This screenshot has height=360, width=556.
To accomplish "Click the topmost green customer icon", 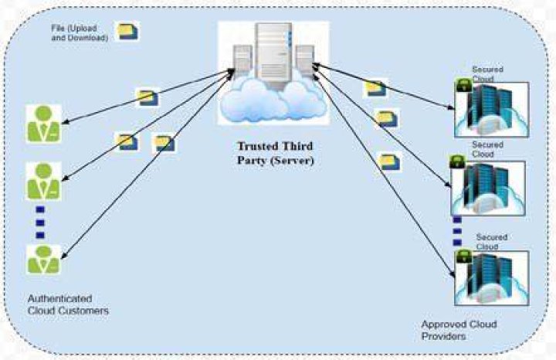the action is tap(44, 124).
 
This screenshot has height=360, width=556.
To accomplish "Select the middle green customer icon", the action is tap(44, 182).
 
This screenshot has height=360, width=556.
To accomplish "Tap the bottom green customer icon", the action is tap(44, 260).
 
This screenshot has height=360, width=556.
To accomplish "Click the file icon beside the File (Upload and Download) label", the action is tap(127, 32).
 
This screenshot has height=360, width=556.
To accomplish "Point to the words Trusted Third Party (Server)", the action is tap(276, 153).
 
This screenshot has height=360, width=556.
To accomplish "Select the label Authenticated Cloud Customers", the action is tap(68, 304).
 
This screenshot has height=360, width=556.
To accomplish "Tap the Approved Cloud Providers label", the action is tap(459, 330).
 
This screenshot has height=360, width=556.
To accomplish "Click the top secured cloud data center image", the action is tap(492, 110).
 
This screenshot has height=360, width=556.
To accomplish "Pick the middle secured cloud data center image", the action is tap(488, 188).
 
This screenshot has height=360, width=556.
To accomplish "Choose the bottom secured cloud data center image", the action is tap(492, 278).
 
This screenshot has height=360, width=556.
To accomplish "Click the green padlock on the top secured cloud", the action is tap(464, 85).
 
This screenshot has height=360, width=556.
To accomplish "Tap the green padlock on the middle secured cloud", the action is tap(457, 161).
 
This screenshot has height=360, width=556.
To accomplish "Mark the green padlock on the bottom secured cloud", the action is tap(464, 256).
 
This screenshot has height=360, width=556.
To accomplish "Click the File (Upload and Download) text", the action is tap(80, 32).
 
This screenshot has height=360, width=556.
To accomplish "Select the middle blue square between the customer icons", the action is tap(40, 222).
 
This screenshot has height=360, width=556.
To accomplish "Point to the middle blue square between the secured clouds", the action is tap(457, 231).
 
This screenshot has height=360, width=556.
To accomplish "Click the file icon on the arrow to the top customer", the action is tap(147, 97).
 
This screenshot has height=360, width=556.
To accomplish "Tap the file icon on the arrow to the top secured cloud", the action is tap(375, 88).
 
